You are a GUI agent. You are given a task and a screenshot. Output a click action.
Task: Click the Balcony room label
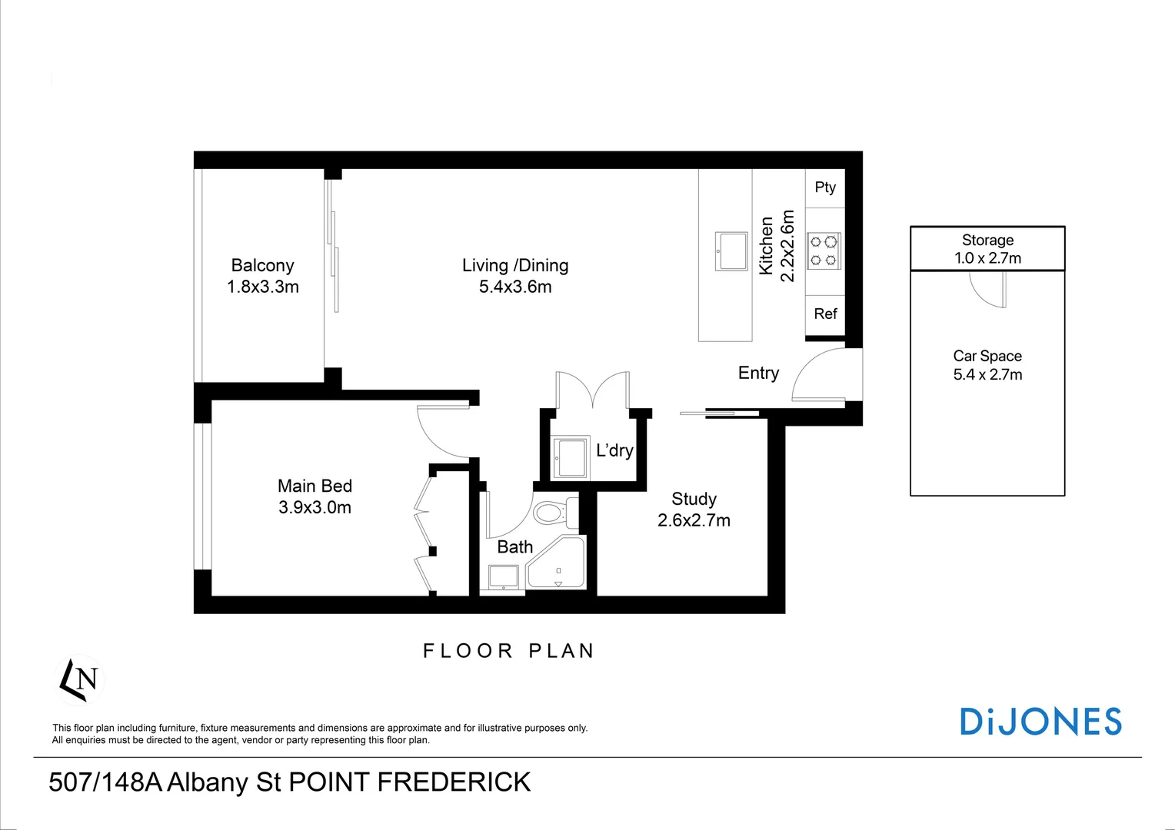click(262, 266)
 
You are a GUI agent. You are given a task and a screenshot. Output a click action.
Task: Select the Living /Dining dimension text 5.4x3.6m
click(515, 287)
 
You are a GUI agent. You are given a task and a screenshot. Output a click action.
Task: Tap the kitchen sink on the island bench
click(731, 251)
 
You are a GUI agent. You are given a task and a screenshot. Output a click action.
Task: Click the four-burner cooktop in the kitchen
click(824, 251)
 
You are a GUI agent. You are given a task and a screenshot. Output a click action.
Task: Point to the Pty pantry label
click(824, 188)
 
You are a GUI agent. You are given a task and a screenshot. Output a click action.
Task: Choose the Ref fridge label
click(825, 314)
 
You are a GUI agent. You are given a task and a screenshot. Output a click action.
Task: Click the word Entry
click(758, 373)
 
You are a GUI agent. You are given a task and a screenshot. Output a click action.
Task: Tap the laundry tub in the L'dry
click(571, 458)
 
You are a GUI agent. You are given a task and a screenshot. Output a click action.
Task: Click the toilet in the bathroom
click(553, 513)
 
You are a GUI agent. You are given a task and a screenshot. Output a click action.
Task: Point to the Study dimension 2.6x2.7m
click(694, 520)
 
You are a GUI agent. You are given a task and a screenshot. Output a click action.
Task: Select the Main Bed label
click(315, 486)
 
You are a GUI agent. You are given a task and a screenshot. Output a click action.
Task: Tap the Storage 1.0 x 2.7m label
click(987, 249)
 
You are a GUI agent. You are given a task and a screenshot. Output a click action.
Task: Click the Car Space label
click(987, 357)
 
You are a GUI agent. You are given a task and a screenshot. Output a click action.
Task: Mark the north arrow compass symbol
click(80, 679)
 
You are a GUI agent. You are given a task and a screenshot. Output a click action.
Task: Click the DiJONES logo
click(1040, 722)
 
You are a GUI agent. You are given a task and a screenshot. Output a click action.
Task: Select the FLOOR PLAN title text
click(509, 651)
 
